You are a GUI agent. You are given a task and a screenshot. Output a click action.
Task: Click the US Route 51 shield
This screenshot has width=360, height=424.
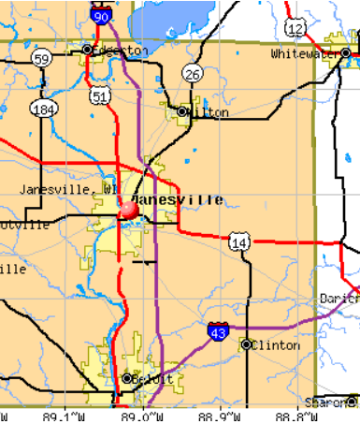click(x=100, y=95)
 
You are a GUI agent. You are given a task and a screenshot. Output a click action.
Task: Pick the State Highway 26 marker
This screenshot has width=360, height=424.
click(x=193, y=74)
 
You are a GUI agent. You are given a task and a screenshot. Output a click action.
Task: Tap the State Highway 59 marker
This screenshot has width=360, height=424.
click(x=41, y=58)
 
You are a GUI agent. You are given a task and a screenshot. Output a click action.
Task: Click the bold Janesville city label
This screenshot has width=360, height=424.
click(x=177, y=199)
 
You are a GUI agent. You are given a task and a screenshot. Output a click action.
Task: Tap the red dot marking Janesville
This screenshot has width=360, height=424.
click(x=128, y=211)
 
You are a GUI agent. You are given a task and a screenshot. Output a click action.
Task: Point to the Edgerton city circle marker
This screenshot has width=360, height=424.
click(x=87, y=50)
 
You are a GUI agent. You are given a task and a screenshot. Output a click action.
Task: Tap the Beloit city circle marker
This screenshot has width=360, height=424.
click(x=127, y=378)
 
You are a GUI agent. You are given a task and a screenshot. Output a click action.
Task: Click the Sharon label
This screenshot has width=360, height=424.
click(x=336, y=402)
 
